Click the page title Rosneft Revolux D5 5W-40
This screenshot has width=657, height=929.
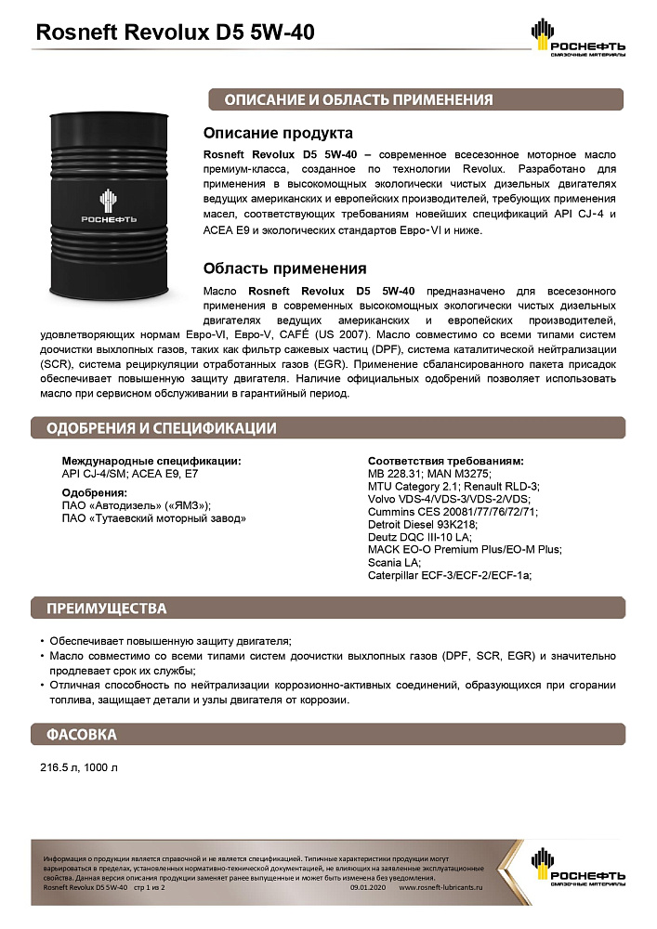[x=174, y=33]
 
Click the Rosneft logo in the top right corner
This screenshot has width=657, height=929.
[x=577, y=36]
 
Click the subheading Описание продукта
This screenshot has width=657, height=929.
[x=278, y=133]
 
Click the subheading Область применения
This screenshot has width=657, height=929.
[x=284, y=268]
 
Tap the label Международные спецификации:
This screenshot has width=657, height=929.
[x=151, y=461]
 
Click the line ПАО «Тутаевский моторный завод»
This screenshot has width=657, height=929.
[x=153, y=517]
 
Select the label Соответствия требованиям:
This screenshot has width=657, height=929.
[x=445, y=461]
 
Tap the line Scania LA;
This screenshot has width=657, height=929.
[x=395, y=562]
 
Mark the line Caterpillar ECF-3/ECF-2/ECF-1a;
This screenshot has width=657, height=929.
[x=450, y=574]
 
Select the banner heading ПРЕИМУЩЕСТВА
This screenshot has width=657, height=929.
[x=107, y=608]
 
